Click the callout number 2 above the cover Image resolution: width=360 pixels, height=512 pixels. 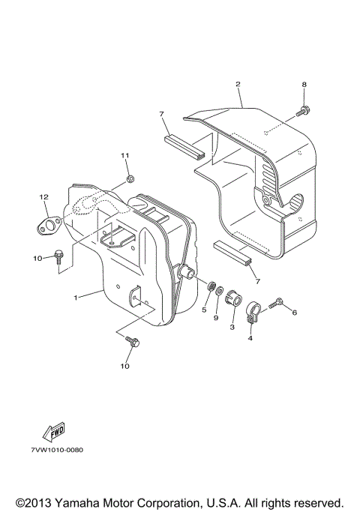pyautogui.click(x=238, y=84)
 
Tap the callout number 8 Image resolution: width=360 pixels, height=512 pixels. pyautogui.click(x=304, y=84)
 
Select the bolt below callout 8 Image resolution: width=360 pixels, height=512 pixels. pyautogui.click(x=303, y=111)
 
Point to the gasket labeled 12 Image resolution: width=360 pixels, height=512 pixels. pyautogui.click(x=48, y=226)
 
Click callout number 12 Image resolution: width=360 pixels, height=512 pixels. pyautogui.click(x=43, y=197)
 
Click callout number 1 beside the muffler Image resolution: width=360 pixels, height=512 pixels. pyautogui.click(x=76, y=298)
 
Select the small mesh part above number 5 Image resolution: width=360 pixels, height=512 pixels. pyautogui.click(x=211, y=287)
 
